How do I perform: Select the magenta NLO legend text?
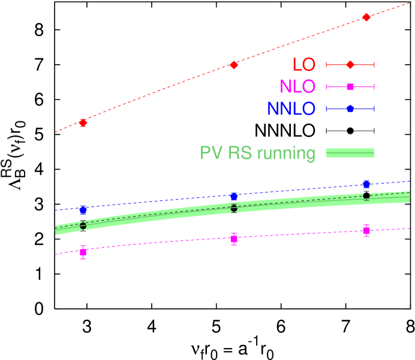tap(297, 87)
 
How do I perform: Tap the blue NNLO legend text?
tap(291, 109)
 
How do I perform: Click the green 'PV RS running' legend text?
tap(258, 154)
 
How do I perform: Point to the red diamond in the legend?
tap(350, 65)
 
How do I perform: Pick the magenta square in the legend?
tap(350, 87)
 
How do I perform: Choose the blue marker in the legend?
tap(350, 109)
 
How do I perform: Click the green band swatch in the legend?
tap(350, 154)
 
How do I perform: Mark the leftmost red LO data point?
tap(83, 123)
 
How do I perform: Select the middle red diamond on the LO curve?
tap(234, 65)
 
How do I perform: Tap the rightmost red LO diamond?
tap(366, 17)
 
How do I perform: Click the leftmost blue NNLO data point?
tap(83, 210)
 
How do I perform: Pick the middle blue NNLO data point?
tap(234, 196)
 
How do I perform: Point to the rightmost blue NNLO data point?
tap(366, 184)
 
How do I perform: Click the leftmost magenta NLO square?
tap(83, 252)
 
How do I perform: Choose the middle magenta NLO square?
tap(234, 239)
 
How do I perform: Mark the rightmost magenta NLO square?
tap(366, 230)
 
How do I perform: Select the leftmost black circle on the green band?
tap(83, 226)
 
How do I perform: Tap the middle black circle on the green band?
tap(234, 208)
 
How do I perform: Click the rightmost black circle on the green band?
tap(366, 196)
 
